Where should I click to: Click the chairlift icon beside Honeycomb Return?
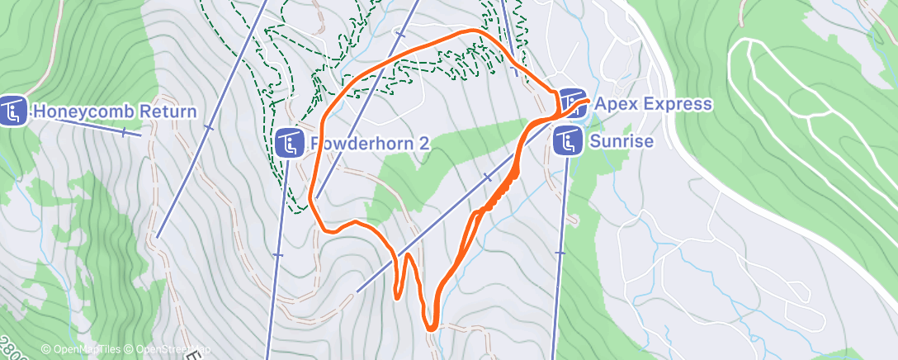(x=14, y=111)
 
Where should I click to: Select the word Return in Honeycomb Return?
(x=168, y=112)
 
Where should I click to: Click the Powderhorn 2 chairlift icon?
(x=288, y=144)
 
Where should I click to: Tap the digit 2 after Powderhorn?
(x=423, y=144)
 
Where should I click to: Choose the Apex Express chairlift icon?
(x=572, y=102)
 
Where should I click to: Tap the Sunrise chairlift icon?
(x=567, y=141)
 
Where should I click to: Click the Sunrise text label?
(x=622, y=142)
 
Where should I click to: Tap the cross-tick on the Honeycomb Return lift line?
(x=124, y=131)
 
